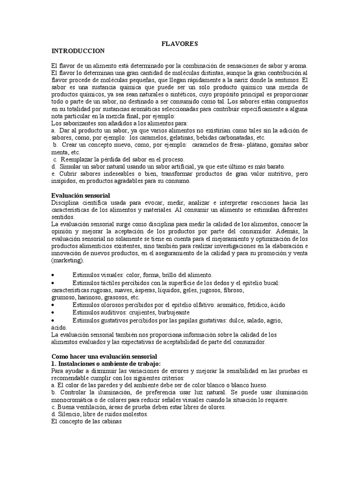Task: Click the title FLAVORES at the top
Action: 180,44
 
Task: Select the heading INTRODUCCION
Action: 78,50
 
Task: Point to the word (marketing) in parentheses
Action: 67,261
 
